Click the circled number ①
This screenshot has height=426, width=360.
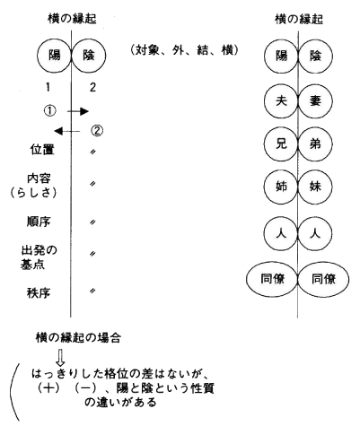[50, 111]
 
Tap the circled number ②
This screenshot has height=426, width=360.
[96, 131]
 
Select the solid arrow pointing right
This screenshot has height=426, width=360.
[78, 111]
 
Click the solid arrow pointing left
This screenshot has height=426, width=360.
[67, 131]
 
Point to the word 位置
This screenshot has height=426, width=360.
[42, 150]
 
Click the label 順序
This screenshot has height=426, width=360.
[39, 222]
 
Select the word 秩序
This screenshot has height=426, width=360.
[39, 293]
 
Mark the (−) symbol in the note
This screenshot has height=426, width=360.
[85, 388]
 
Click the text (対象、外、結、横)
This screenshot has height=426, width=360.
[185, 50]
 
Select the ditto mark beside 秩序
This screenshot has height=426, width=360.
[92, 291]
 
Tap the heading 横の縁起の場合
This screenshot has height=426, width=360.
[78, 338]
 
